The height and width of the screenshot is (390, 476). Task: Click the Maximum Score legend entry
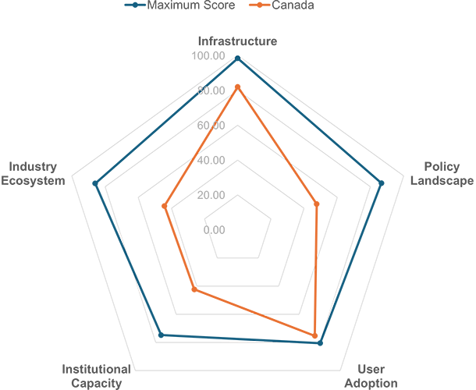pyautogui.click(x=179, y=5)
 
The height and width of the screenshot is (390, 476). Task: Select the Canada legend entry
pyautogui.click(x=282, y=5)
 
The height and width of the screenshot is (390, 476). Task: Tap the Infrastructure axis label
pyautogui.click(x=238, y=41)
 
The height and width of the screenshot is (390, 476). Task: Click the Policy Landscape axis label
pyautogui.click(x=442, y=174)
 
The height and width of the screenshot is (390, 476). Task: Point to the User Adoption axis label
pyautogui.click(x=371, y=376)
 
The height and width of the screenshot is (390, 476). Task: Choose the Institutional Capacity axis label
pyautogui.click(x=97, y=376)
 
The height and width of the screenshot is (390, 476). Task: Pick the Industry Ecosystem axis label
pyautogui.click(x=33, y=174)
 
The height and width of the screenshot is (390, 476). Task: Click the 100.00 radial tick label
pyautogui.click(x=208, y=56)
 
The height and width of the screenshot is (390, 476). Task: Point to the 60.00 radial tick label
pyautogui.click(x=211, y=126)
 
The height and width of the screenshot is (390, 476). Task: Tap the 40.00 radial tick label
pyautogui.click(x=211, y=160)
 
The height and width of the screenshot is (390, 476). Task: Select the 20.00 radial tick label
pyautogui.click(x=211, y=195)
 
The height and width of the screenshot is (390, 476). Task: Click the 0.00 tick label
pyautogui.click(x=214, y=230)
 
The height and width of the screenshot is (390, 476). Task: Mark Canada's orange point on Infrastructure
pyautogui.click(x=238, y=87)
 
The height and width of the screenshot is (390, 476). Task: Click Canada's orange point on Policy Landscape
pyautogui.click(x=317, y=204)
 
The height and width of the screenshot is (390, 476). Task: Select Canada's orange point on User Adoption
pyautogui.click(x=314, y=335)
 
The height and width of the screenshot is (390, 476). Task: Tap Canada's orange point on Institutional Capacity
pyautogui.click(x=195, y=289)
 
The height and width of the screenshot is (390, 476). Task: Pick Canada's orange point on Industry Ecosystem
pyautogui.click(x=164, y=206)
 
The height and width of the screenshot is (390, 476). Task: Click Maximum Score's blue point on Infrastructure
pyautogui.click(x=238, y=58)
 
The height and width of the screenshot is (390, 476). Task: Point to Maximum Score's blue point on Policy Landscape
pyautogui.click(x=382, y=183)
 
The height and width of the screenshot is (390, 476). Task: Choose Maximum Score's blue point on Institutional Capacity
pyautogui.click(x=162, y=335)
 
